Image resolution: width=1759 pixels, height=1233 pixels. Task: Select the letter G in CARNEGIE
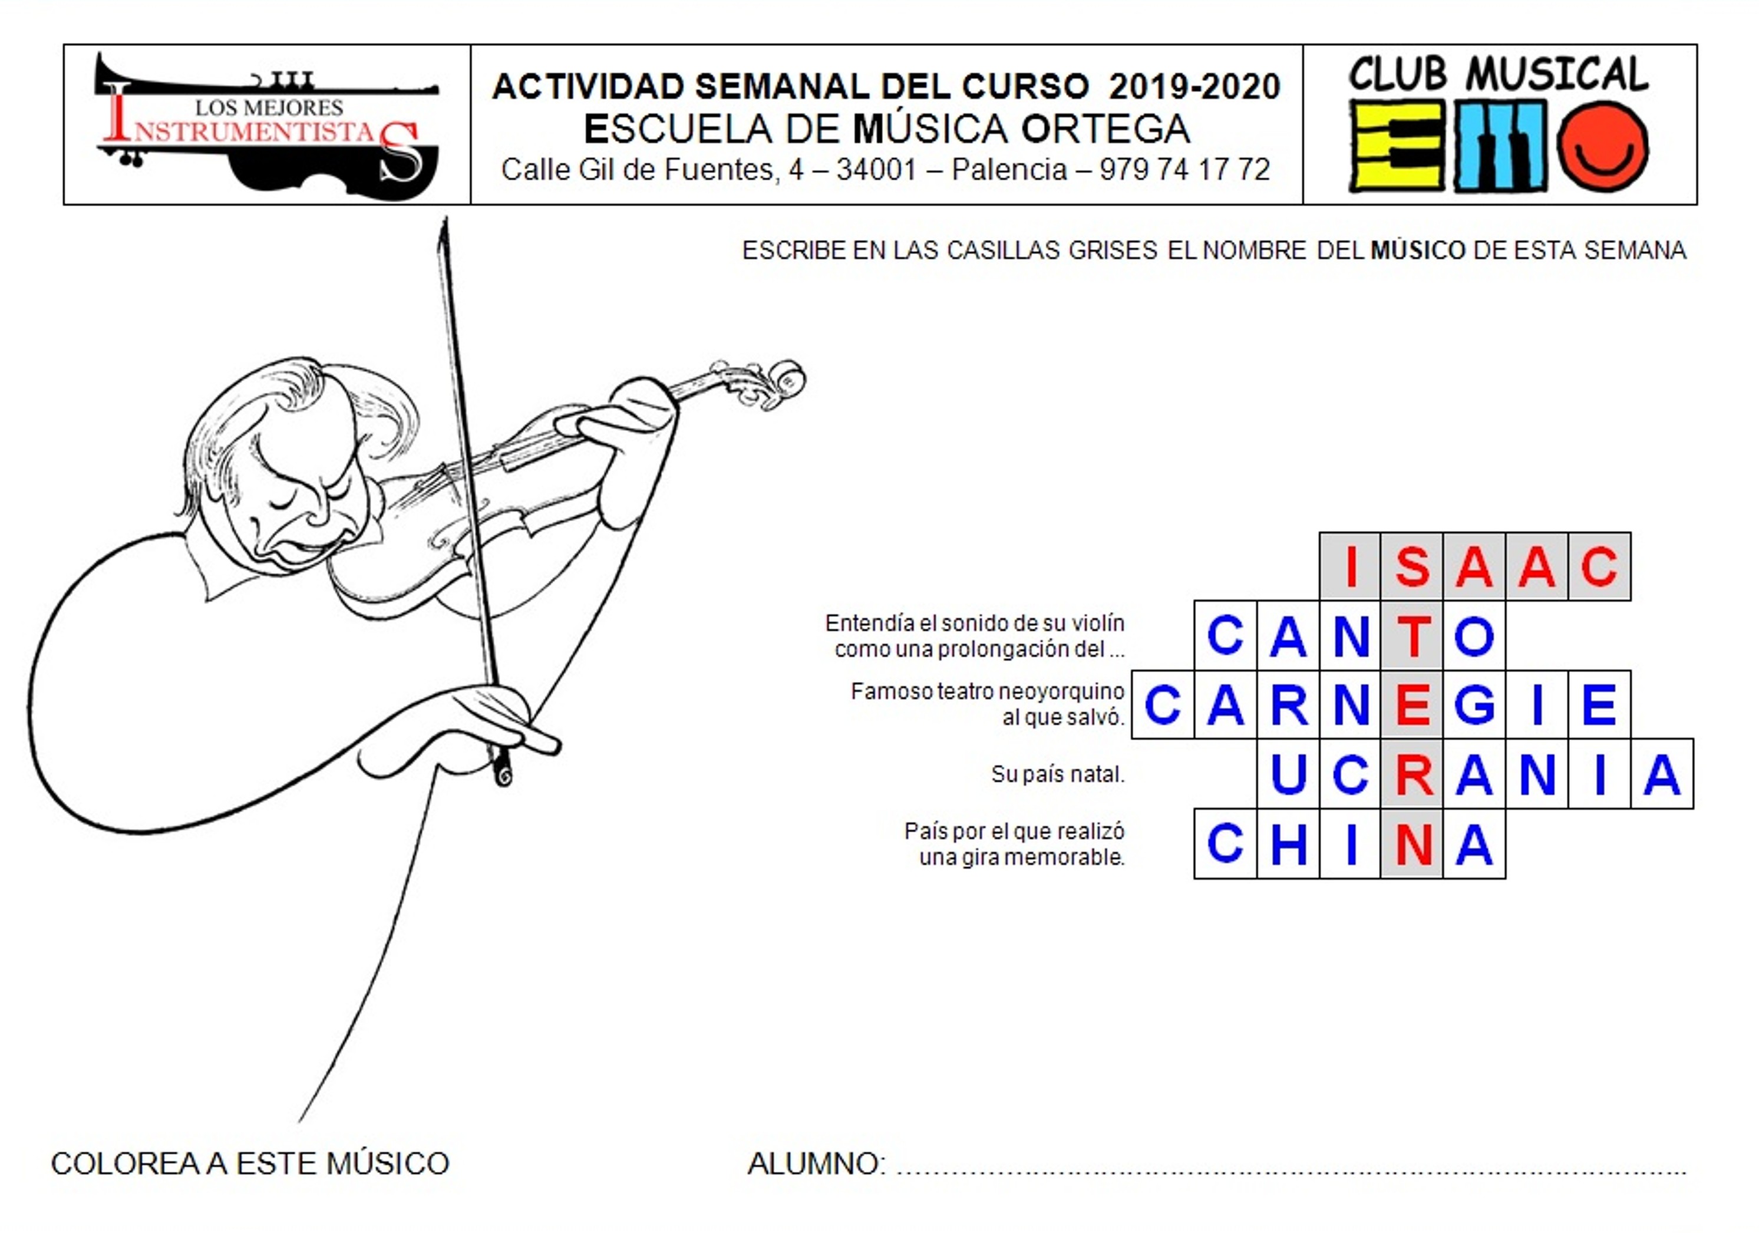[1475, 705]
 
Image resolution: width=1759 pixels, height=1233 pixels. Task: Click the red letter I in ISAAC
[1351, 566]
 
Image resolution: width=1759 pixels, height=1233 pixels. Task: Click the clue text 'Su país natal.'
[1057, 774]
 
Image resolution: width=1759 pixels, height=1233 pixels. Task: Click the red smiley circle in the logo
[1603, 146]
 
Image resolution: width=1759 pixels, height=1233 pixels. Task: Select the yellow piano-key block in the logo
[1397, 146]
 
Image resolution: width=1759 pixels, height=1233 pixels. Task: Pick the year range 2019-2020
[1194, 87]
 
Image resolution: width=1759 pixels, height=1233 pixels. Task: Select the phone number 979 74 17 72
[1184, 169]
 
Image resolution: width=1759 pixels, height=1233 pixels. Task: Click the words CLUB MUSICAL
[1499, 74]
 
